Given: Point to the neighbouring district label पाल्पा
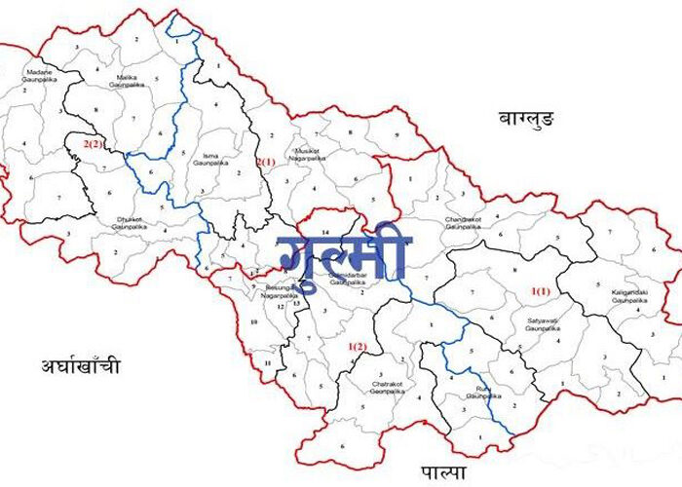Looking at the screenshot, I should pyautogui.click(x=443, y=472).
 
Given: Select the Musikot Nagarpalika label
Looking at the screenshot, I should pyautogui.click(x=312, y=154).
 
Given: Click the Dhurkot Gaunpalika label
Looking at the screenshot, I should pyautogui.click(x=129, y=221).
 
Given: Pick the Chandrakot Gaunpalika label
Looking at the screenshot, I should pyautogui.click(x=464, y=222).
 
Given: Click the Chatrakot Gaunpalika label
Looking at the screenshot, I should pyautogui.click(x=387, y=387).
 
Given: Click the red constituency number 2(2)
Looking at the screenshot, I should pyautogui.click(x=93, y=144).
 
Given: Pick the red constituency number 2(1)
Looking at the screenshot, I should pyautogui.click(x=266, y=161).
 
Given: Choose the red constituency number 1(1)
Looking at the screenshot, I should pyautogui.click(x=541, y=290).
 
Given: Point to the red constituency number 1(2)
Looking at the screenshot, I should pyautogui.click(x=358, y=347).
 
